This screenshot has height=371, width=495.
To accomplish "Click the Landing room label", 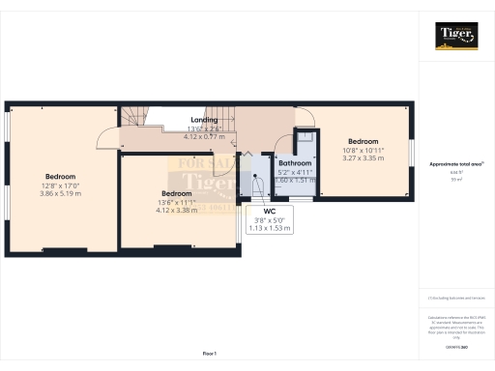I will click(x=203, y=119).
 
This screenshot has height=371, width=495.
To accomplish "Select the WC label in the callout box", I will click(x=270, y=211).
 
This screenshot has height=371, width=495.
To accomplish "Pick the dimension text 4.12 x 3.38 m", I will click(x=176, y=210).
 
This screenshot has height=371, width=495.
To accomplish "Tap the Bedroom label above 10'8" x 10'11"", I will click(x=364, y=142).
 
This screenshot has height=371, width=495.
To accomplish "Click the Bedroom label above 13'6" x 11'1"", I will click(x=176, y=193).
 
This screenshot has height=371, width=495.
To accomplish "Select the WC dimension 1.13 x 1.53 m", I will click(x=270, y=228).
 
